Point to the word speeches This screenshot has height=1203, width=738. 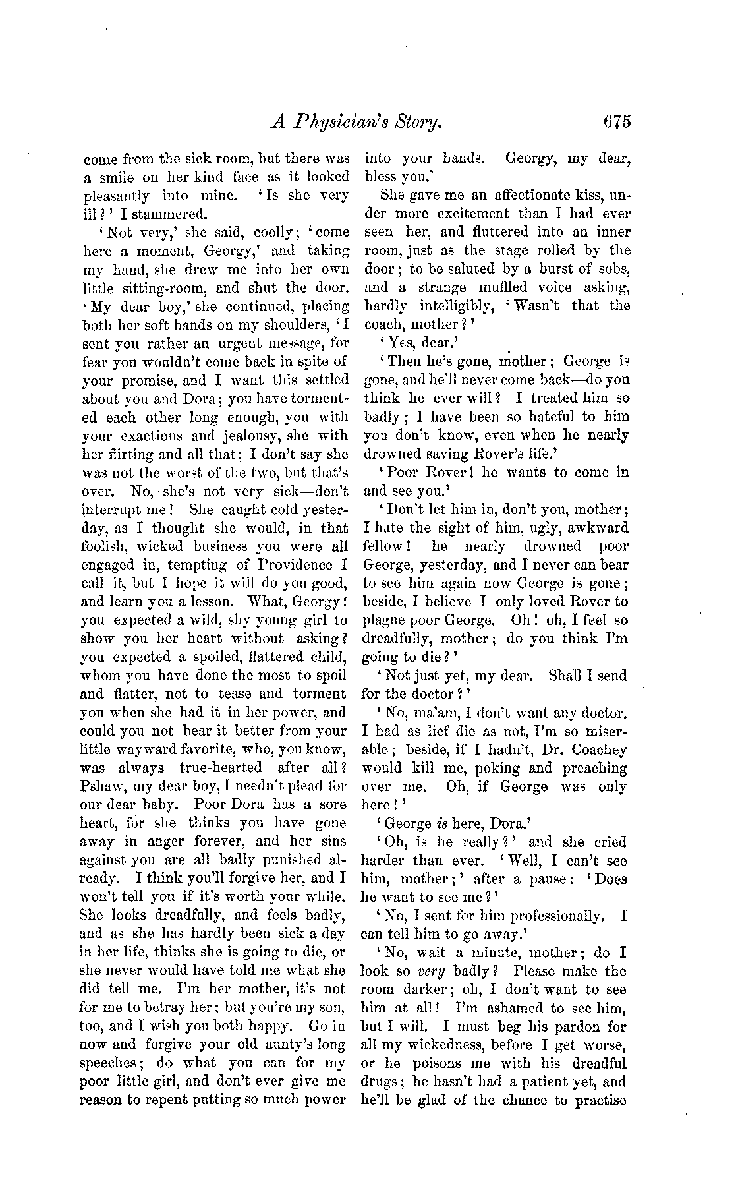[x=109, y=1063]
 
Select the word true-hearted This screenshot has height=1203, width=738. [x=219, y=768]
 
